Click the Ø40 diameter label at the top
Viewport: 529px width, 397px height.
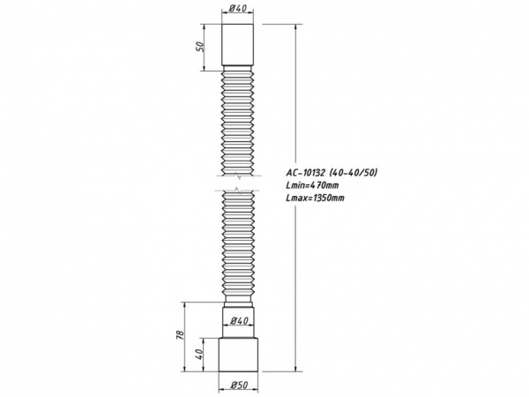237,10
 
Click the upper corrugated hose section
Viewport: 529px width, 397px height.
237,124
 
